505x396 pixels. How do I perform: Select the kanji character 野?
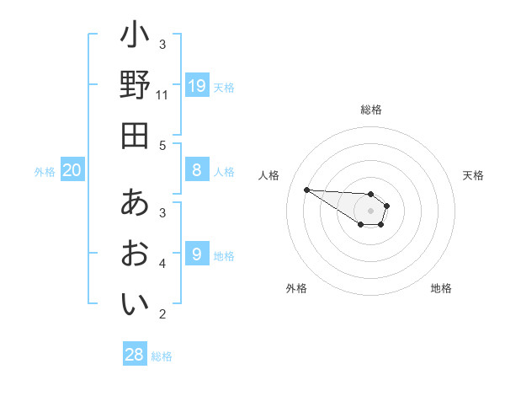(135, 85)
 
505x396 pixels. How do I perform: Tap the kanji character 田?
(135, 135)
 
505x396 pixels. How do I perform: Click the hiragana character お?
(135, 254)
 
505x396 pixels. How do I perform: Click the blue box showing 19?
(197, 85)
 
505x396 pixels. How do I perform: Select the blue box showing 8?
(197, 170)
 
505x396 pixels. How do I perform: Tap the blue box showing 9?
(197, 253)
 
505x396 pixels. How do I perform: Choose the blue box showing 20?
(72, 170)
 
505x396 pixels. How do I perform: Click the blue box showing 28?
(135, 355)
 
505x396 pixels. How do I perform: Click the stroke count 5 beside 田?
(162, 145)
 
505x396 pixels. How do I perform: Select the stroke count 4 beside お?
(162, 264)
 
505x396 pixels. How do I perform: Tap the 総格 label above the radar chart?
(370, 110)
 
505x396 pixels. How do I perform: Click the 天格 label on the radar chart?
(473, 175)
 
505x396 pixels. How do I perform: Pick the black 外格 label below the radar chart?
(296, 288)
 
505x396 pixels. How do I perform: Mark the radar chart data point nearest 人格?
(306, 190)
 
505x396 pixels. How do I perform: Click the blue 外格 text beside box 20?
(45, 172)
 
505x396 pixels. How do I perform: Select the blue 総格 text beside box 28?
(162, 356)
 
